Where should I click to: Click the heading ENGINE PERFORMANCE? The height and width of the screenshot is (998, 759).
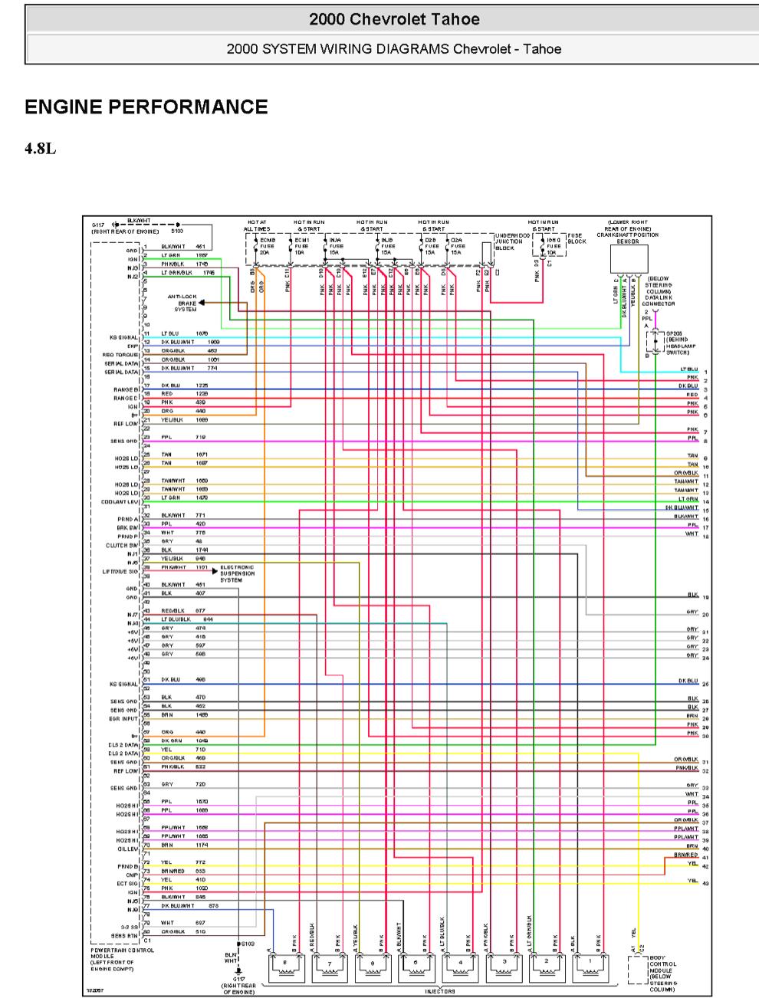pos(146,107)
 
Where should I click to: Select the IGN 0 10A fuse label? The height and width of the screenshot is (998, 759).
pos(554,245)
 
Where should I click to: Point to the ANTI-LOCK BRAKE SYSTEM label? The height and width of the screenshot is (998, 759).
pos(186,303)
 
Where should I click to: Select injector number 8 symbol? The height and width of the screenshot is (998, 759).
pos(285,968)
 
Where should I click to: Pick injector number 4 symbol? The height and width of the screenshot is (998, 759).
pos(460,968)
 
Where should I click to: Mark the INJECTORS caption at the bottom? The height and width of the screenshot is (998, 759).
pos(440,991)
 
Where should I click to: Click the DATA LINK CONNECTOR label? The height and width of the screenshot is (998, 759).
pos(660,291)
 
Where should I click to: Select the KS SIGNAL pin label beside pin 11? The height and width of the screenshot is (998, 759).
pos(123,336)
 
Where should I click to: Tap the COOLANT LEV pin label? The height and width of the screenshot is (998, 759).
pos(119,502)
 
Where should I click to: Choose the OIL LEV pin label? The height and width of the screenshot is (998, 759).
pos(128,849)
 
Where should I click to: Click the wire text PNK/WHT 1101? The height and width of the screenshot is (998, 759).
pos(184,567)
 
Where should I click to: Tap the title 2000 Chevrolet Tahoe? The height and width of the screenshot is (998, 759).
pos(394,19)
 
